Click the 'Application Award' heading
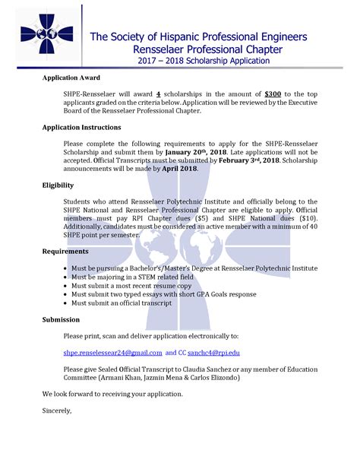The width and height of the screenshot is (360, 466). pyautogui.click(x=71, y=78)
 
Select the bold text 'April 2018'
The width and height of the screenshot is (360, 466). pyautogui.click(x=178, y=169)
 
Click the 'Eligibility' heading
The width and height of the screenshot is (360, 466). pyautogui.click(x=58, y=185)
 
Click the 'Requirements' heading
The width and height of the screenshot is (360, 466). pyautogui.click(x=65, y=251)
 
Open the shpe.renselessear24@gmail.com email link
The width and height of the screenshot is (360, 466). pyautogui.click(x=113, y=353)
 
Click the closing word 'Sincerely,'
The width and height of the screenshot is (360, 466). pyautogui.click(x=57, y=411)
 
